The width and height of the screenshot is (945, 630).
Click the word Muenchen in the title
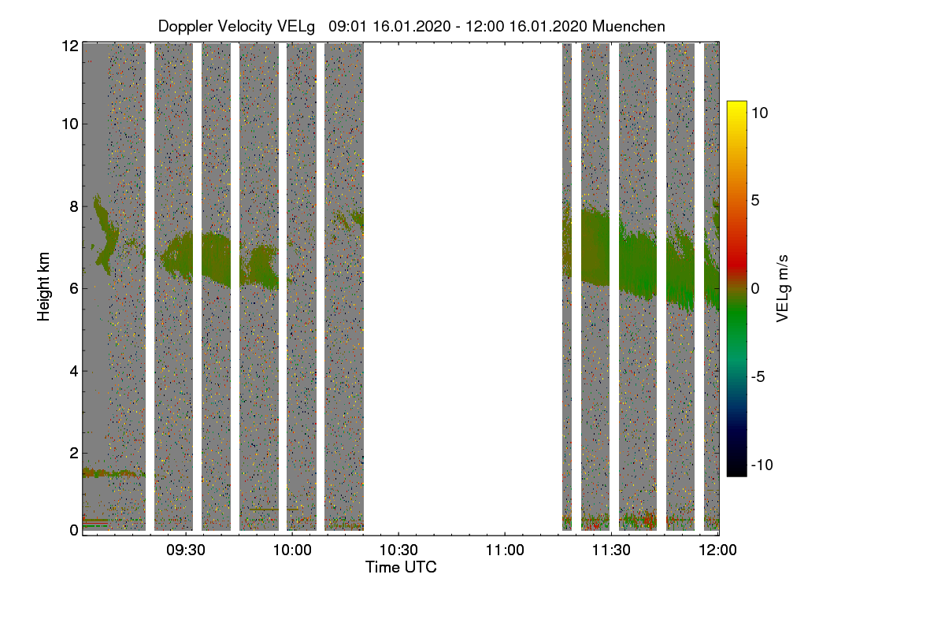(x=628, y=26)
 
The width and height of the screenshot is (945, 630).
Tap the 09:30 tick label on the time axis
(x=186, y=550)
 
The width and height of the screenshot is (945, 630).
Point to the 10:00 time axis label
(x=292, y=550)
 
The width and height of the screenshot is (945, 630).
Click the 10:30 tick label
(x=398, y=550)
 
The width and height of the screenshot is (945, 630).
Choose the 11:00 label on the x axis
(x=505, y=550)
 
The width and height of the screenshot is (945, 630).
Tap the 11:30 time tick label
(x=611, y=550)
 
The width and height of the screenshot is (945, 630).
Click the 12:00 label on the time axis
(x=717, y=550)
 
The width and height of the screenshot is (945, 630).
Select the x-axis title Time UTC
(x=401, y=567)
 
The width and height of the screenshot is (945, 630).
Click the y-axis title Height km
(x=43, y=287)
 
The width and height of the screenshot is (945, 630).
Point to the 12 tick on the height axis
(x=70, y=46)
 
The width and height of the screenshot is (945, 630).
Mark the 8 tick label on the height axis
(x=74, y=206)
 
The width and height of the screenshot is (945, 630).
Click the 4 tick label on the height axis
(x=74, y=372)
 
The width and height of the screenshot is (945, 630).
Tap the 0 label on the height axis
(x=74, y=531)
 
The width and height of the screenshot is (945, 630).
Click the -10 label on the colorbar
(x=762, y=465)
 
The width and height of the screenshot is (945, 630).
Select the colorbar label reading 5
(x=755, y=201)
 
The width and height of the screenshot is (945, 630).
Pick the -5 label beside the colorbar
(x=758, y=376)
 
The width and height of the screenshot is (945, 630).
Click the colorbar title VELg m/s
(x=783, y=289)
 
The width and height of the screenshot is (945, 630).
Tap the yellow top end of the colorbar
(x=736, y=102)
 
